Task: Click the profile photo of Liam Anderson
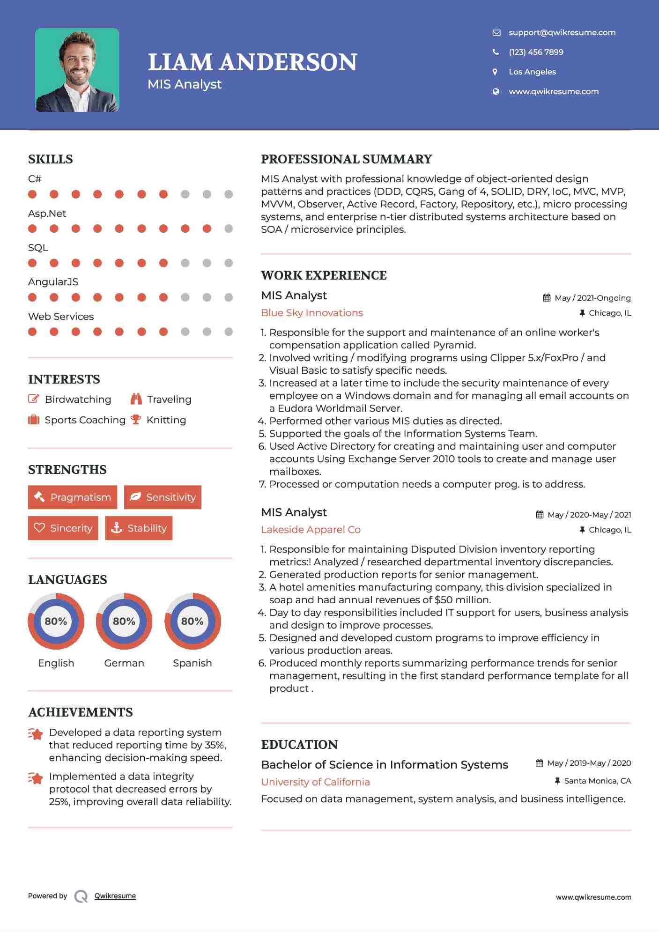(x=77, y=70)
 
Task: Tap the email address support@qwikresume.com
(x=562, y=32)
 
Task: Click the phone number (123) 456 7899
(x=536, y=52)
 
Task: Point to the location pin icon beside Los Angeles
(x=495, y=72)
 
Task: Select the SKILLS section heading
(x=51, y=159)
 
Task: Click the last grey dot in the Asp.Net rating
(x=229, y=229)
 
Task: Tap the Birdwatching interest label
(x=78, y=399)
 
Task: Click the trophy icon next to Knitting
(x=136, y=420)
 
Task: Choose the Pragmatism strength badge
(x=73, y=497)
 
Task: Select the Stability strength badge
(x=139, y=528)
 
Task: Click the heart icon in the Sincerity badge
(x=39, y=528)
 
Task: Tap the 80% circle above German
(x=124, y=621)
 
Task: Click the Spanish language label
(x=192, y=663)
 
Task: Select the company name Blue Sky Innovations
(x=312, y=313)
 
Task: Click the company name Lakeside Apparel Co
(x=311, y=530)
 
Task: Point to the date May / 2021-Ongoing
(x=592, y=298)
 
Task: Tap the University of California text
(x=315, y=782)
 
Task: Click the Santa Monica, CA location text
(x=597, y=781)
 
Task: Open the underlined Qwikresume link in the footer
(x=115, y=896)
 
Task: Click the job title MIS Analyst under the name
(x=185, y=84)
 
